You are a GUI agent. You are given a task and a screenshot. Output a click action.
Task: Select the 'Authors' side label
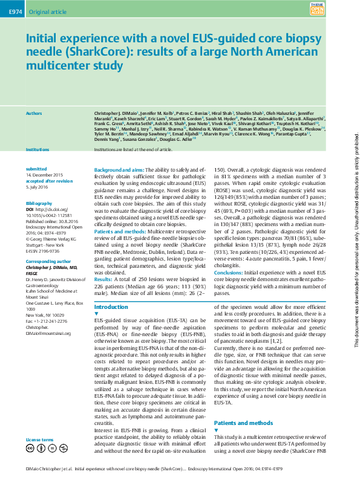pos(34,113)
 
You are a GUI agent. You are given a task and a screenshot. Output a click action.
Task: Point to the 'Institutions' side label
pos(38,148)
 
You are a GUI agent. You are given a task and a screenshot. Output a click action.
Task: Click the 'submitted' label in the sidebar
pos(36,169)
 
